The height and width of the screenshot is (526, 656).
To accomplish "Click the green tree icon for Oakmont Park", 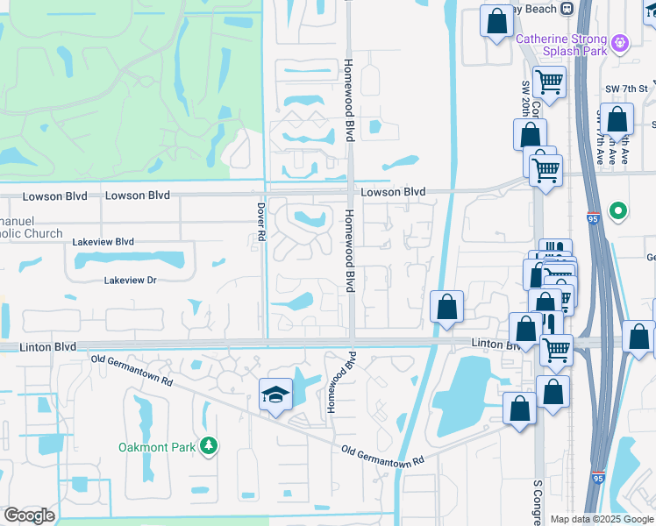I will click(208, 447).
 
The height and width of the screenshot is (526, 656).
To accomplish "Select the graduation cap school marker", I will click(275, 395).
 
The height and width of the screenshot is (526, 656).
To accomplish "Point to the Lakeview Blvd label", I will click(103, 241).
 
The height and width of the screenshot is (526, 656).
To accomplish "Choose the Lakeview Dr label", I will click(130, 281).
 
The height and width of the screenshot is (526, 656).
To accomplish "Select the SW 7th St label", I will click(626, 89).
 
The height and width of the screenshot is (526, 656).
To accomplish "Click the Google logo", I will click(29, 515).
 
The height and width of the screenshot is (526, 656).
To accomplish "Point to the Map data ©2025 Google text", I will click(602, 519).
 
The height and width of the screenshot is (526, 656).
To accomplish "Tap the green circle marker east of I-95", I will click(618, 210).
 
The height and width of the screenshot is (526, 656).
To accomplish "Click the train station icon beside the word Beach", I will click(567, 8).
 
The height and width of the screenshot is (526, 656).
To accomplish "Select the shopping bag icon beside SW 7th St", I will click(617, 120).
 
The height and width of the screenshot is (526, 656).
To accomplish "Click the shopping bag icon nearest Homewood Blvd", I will click(447, 307).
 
